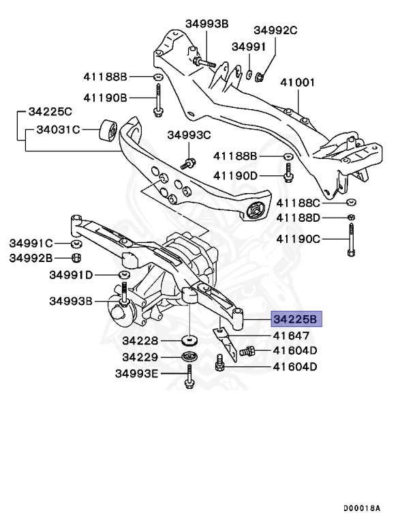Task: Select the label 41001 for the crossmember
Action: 298,83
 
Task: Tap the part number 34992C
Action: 276,30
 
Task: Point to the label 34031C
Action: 59,129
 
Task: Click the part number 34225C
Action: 50,111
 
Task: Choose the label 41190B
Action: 106,98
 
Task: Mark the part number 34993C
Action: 189,135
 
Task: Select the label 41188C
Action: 298,203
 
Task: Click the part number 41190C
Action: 298,239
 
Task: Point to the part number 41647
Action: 292,336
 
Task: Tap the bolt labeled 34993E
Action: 187,377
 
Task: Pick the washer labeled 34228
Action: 189,340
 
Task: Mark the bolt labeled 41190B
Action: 158,98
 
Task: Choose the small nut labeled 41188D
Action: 350,218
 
